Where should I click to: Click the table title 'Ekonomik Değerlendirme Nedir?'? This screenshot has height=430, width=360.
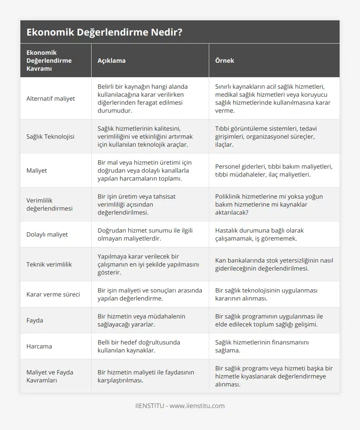tap(104, 32)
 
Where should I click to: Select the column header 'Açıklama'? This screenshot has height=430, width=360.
tap(111, 61)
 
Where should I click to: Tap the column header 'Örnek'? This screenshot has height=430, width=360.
tap(224, 61)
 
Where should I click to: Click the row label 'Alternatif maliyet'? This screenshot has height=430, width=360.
tap(50, 98)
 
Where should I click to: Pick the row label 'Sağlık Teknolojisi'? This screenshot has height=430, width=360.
tap(50, 136)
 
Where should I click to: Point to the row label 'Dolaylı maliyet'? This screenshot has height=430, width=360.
tap(47, 234)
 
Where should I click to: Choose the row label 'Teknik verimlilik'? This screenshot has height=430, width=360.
tap(49, 264)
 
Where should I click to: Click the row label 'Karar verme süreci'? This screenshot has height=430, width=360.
tap(53, 294)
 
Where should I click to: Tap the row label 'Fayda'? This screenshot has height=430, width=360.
tap(35, 320)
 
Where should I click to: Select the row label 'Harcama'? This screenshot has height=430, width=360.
tap(39, 346)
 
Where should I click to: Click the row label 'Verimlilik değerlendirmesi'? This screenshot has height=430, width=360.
tap(50, 204)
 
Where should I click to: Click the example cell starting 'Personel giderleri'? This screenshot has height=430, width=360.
tap(274, 170)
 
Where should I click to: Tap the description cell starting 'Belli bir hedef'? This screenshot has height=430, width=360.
tap(139, 346)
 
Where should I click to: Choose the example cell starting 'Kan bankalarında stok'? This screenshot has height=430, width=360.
tap(274, 264)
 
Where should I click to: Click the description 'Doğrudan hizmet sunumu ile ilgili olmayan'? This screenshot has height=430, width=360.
tap(145, 234)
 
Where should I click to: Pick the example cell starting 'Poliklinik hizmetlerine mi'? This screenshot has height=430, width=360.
tap(269, 204)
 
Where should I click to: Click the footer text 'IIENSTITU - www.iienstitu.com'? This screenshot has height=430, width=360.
tap(180, 406)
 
